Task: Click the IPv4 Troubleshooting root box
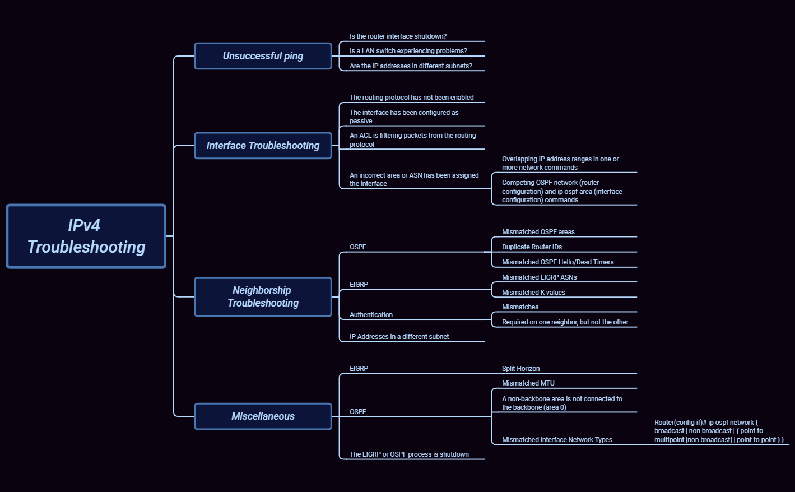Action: (86, 236)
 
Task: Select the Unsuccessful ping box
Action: (263, 56)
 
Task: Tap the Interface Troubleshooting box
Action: (263, 146)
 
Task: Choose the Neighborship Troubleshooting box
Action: (263, 296)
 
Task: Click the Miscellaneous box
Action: (263, 416)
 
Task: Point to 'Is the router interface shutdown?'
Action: (398, 36)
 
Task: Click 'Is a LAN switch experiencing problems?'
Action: (408, 51)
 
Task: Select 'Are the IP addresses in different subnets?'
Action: (411, 66)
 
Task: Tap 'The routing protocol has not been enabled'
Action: (411, 98)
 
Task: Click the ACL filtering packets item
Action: (412, 140)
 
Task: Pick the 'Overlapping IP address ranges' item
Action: (560, 163)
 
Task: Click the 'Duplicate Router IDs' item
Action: (532, 247)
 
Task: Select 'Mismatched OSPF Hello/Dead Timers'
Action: (557, 262)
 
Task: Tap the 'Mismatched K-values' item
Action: (533, 293)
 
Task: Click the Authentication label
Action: (371, 315)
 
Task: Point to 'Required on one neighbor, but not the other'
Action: (565, 322)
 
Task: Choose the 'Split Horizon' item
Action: (520, 369)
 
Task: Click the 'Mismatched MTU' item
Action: (528, 383)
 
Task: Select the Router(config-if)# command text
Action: (718, 431)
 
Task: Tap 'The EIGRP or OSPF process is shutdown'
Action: (409, 454)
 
